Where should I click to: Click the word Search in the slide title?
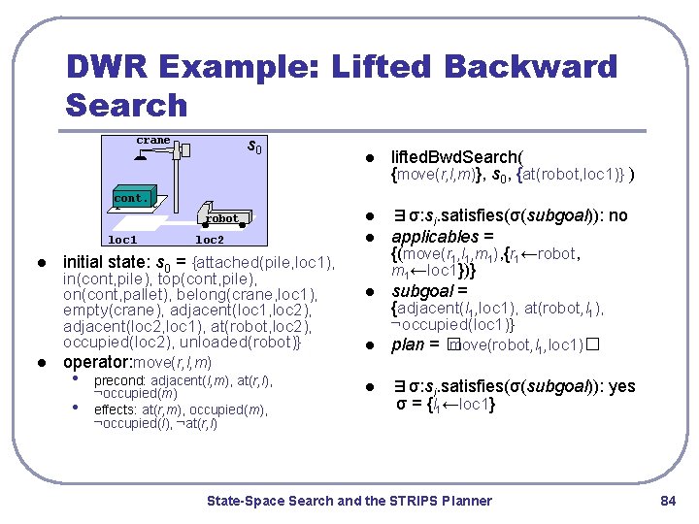(x=126, y=104)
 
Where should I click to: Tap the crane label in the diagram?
(x=152, y=141)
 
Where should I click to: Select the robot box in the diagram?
(x=222, y=218)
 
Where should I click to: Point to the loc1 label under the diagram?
(x=122, y=239)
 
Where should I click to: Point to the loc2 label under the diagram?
(x=210, y=239)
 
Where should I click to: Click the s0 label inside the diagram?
(x=254, y=147)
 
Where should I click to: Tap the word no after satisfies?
(x=617, y=216)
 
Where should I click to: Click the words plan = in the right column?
(x=416, y=345)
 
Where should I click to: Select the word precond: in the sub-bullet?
(x=120, y=381)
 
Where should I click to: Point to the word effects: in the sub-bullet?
(x=116, y=409)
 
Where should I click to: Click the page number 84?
(x=667, y=501)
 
